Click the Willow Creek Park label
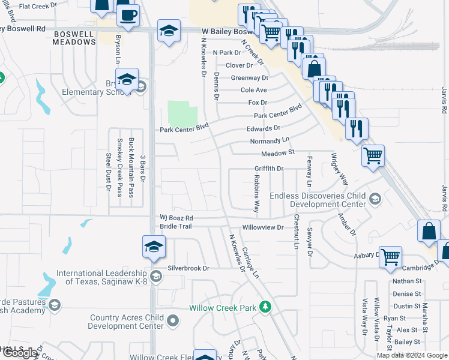tap(223, 307)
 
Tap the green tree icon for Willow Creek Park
tap(265, 307)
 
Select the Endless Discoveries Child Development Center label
tap(318, 200)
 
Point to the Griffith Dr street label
tap(268, 169)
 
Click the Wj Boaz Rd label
tap(176, 218)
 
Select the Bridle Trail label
tap(175, 226)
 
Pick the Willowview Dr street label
tap(262, 227)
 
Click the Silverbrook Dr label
tap(188, 268)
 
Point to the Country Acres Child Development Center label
tap(126, 322)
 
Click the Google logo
tap(19, 353)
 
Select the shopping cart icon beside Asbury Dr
tap(391, 256)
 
